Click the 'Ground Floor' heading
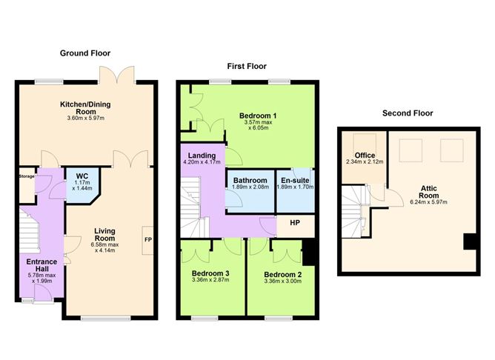click(86, 53)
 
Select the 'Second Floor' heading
click(408, 113)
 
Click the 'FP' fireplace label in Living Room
click(147, 240)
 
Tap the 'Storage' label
click(26, 177)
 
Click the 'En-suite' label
click(295, 180)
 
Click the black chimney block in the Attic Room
click(468, 241)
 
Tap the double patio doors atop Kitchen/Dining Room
click(119, 74)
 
